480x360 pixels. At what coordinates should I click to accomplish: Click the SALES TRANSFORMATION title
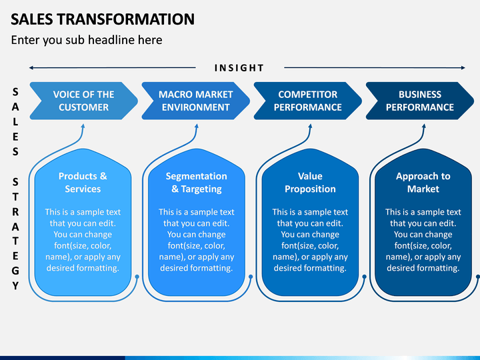103,19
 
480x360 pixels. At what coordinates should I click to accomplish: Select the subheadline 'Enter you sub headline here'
87,40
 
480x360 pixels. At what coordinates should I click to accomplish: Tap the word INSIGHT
239,68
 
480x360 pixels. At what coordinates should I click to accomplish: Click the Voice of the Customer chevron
83,101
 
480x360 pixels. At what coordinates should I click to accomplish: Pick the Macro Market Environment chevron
195,101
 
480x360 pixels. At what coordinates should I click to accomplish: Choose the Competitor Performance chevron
307,101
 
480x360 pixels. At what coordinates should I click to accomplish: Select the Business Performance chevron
420,101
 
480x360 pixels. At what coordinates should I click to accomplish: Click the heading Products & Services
83,183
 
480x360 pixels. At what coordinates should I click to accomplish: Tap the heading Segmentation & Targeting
196,183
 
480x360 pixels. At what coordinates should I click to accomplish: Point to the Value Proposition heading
310,183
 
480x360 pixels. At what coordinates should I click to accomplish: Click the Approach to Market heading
423,183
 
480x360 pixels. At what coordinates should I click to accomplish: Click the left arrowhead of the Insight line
31,67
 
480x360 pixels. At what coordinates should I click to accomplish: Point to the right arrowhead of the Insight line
463,67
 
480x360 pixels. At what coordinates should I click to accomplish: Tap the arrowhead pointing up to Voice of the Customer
83,126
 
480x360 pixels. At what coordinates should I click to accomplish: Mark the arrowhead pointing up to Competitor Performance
310,126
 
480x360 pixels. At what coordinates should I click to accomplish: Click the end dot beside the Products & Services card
137,277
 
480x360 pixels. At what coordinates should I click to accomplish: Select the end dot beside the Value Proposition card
364,277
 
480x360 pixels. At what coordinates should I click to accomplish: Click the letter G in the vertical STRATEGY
15,271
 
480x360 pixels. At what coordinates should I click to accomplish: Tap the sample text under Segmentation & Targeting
196,240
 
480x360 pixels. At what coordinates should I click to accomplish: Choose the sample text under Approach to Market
423,240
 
